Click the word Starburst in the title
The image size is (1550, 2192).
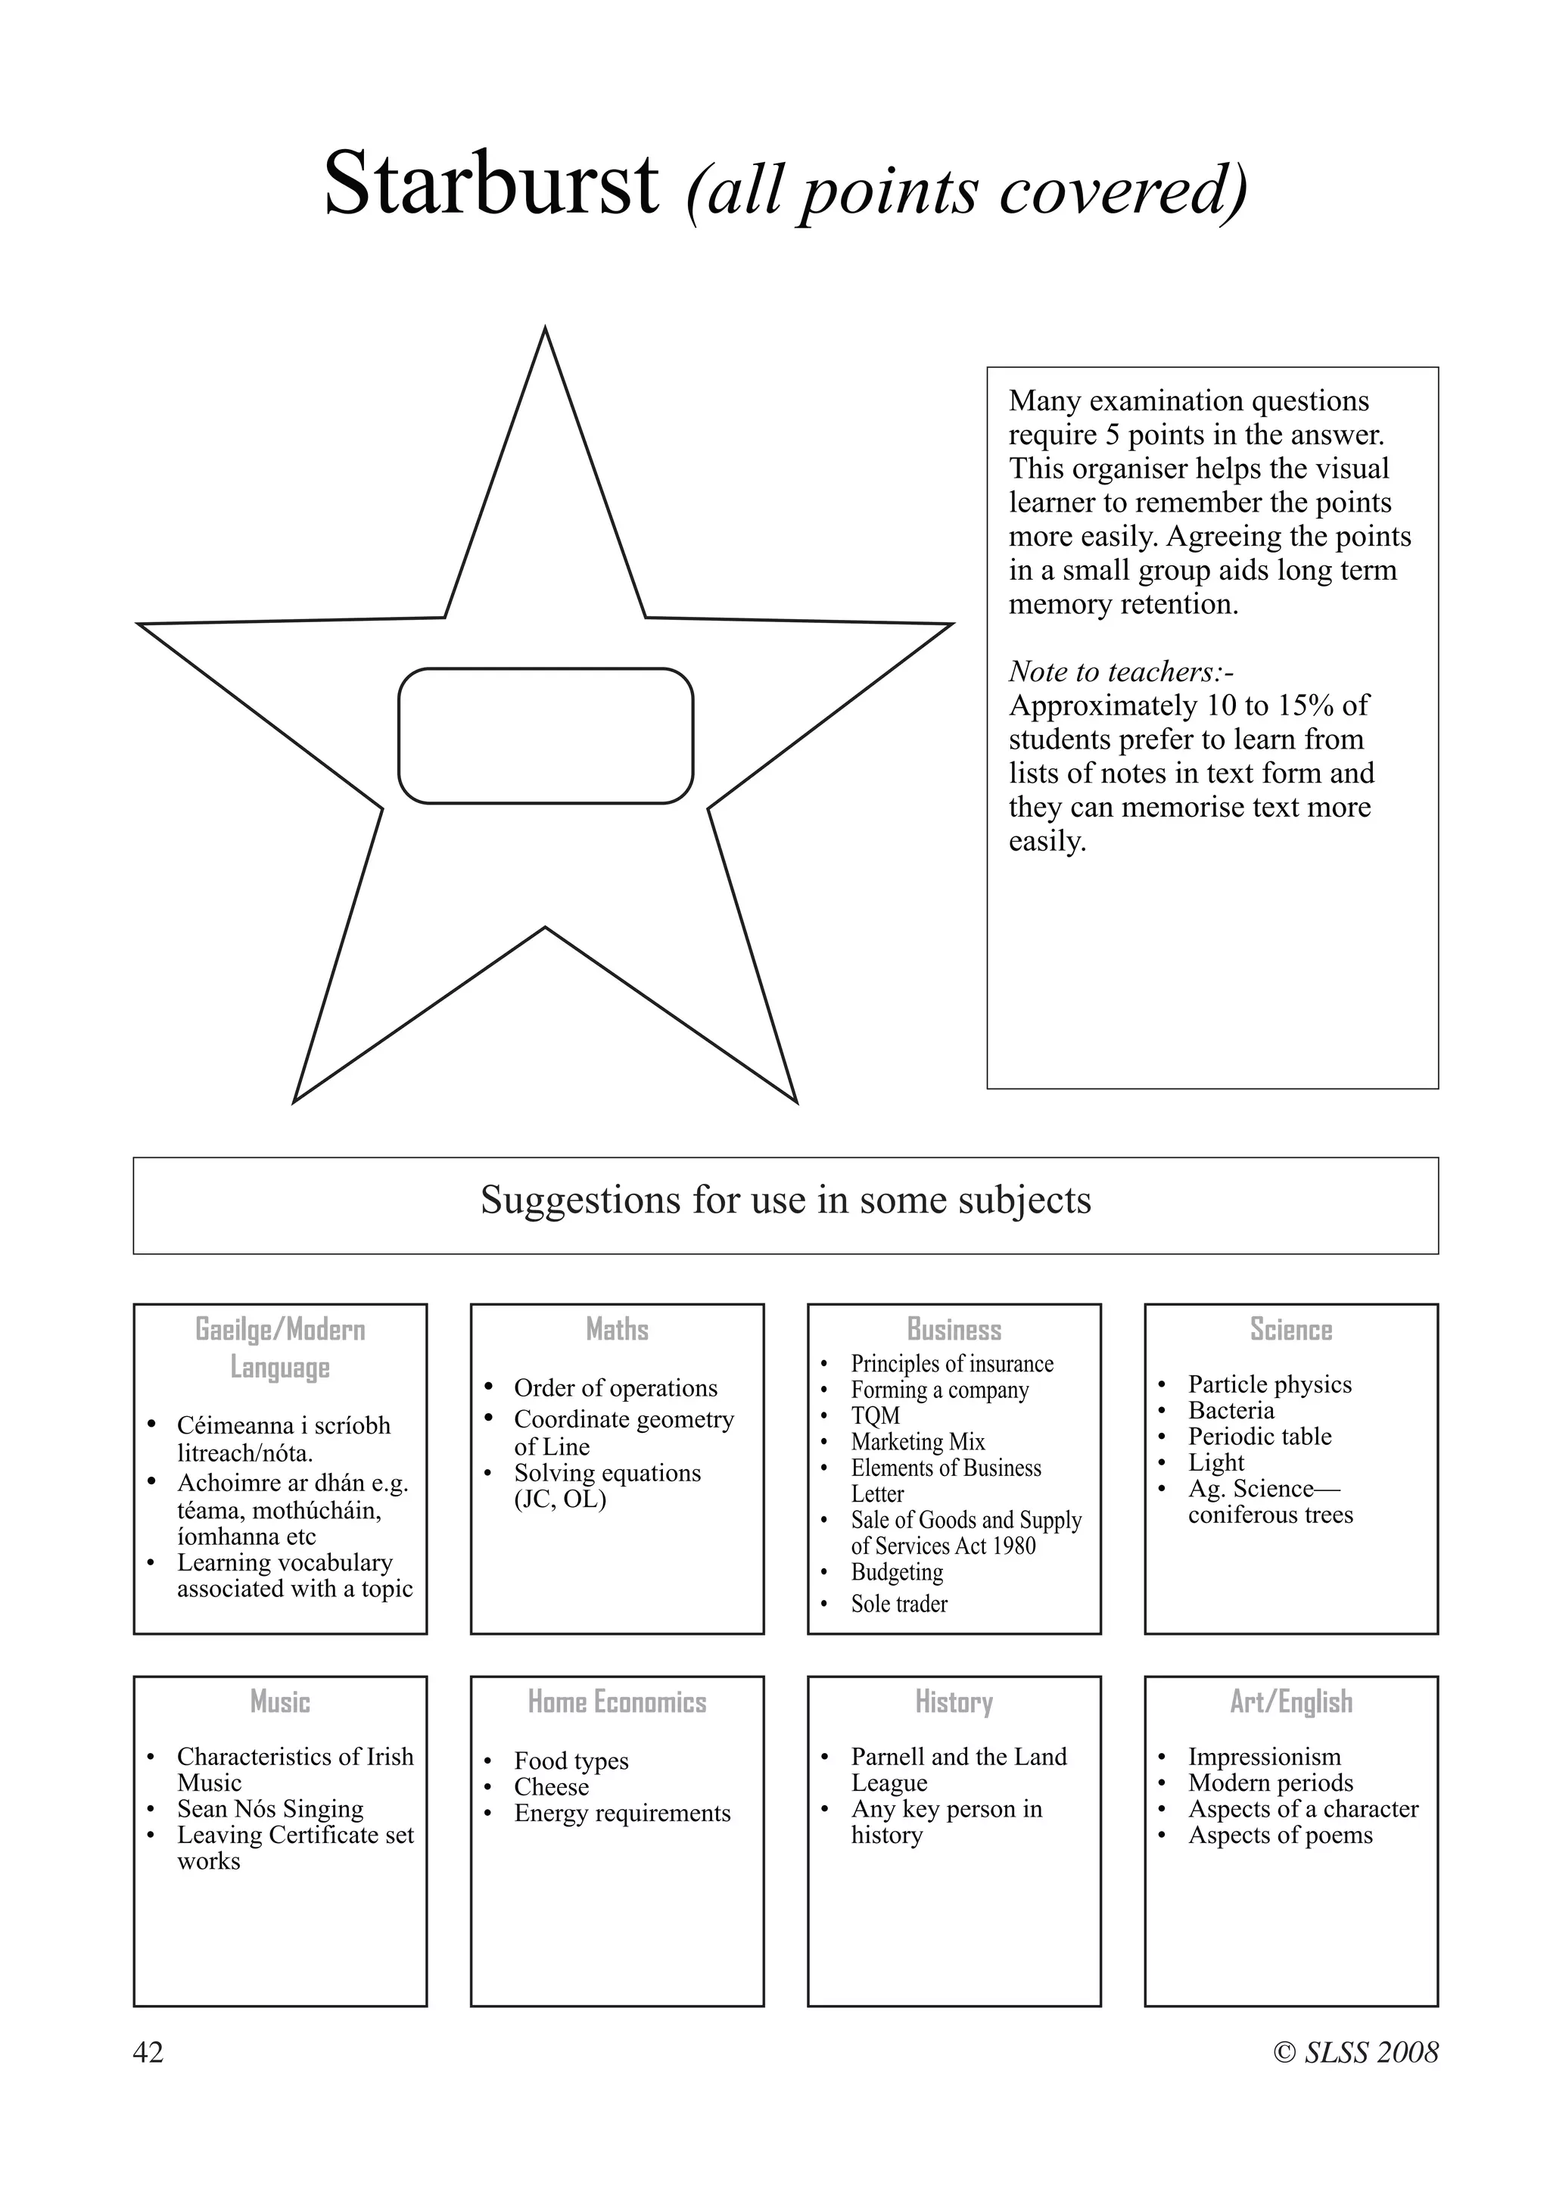coord(490,184)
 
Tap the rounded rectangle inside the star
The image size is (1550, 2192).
coord(545,736)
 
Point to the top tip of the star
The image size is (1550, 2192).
coord(545,332)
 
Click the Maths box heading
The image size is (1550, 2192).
coord(617,1329)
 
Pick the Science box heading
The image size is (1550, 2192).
coord(1290,1329)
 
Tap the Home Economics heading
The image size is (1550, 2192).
coord(617,1702)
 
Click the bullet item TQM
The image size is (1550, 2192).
coord(874,1416)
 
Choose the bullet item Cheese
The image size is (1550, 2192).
coord(551,1786)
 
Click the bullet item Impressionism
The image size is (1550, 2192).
coord(1264,1757)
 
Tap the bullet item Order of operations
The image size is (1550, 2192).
coord(615,1387)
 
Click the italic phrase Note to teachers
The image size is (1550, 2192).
coord(1121,671)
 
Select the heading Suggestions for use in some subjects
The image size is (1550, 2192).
coord(785,1200)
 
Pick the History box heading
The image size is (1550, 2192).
coord(954,1702)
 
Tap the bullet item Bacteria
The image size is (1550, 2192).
coord(1231,1410)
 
